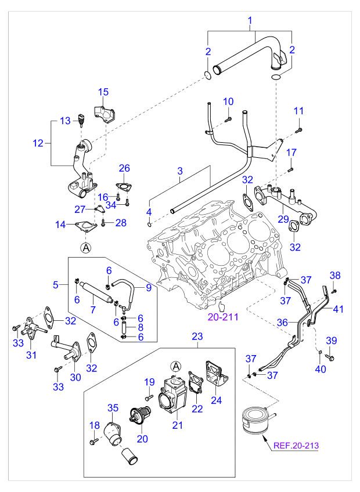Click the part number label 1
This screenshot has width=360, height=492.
[250, 22]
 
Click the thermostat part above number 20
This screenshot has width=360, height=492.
[141, 415]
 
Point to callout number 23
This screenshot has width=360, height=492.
[197, 336]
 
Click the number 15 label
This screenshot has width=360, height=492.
[103, 92]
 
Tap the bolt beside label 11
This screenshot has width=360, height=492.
[298, 129]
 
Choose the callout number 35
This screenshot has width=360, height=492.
[112, 407]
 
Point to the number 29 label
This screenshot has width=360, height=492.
[283, 219]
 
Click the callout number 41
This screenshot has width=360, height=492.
[338, 309]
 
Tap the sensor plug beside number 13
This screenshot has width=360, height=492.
[81, 121]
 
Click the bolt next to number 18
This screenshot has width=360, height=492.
[92, 442]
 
